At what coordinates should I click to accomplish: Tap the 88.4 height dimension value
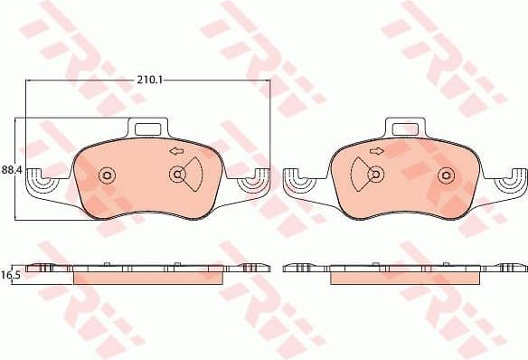pos(12,169)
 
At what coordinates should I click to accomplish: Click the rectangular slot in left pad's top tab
pos(148,128)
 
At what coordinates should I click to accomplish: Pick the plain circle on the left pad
pos(108,175)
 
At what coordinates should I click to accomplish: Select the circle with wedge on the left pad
pos(178,175)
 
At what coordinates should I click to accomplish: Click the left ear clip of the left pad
pos(42,185)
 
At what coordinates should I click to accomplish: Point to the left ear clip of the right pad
pos(297,185)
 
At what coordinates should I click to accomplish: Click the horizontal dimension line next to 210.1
pos(217,80)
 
